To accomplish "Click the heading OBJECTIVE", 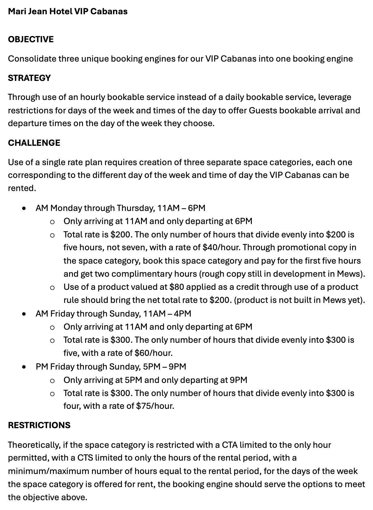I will (31, 39).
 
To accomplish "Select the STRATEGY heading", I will (29, 78).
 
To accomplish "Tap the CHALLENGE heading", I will (34, 143).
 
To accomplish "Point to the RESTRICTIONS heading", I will (39, 425).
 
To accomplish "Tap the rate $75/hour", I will (155, 406).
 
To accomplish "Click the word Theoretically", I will (34, 445).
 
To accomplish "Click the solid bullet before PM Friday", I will (24, 367).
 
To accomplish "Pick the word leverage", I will (335, 97).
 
